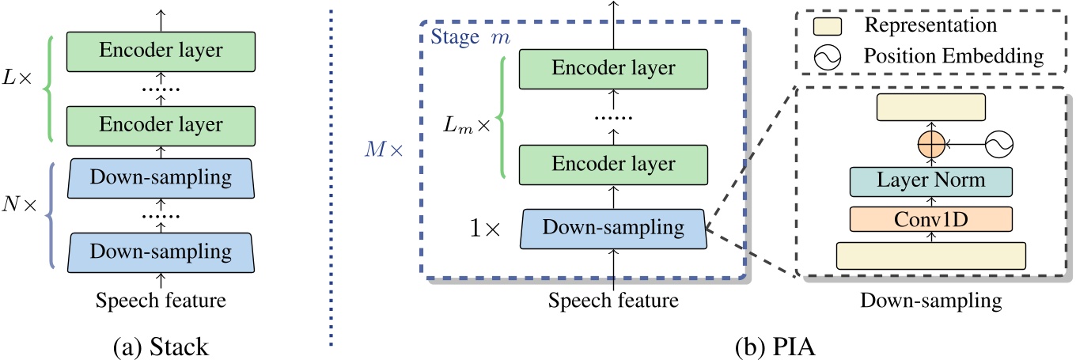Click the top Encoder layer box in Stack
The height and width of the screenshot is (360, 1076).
tap(161, 51)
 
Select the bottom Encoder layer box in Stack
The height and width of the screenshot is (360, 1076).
tap(161, 124)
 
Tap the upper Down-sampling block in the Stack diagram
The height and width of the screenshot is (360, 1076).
tap(161, 179)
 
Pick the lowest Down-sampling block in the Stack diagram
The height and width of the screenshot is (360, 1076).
tap(161, 251)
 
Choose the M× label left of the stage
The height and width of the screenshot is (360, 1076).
tap(385, 149)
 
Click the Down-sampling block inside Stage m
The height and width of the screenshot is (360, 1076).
tap(614, 228)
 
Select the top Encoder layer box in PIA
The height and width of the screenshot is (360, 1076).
tap(614, 69)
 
